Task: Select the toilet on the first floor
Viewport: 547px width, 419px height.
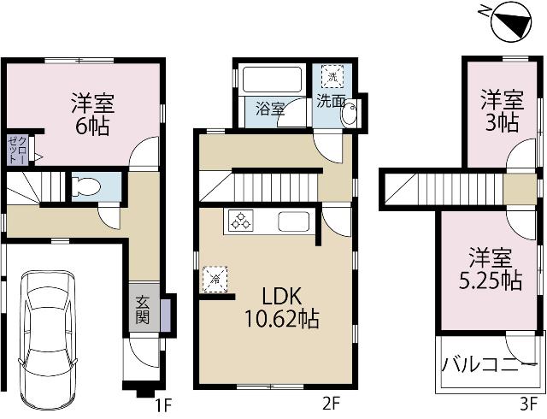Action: [83, 186]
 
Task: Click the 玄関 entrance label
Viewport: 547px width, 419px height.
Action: [142, 310]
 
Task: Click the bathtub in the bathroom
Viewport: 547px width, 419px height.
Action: [272, 80]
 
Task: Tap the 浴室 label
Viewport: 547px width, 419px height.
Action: [272, 109]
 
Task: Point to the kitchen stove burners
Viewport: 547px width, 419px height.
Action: [239, 221]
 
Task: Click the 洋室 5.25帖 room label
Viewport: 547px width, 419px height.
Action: [493, 269]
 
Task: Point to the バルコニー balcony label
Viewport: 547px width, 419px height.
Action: [490, 363]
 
